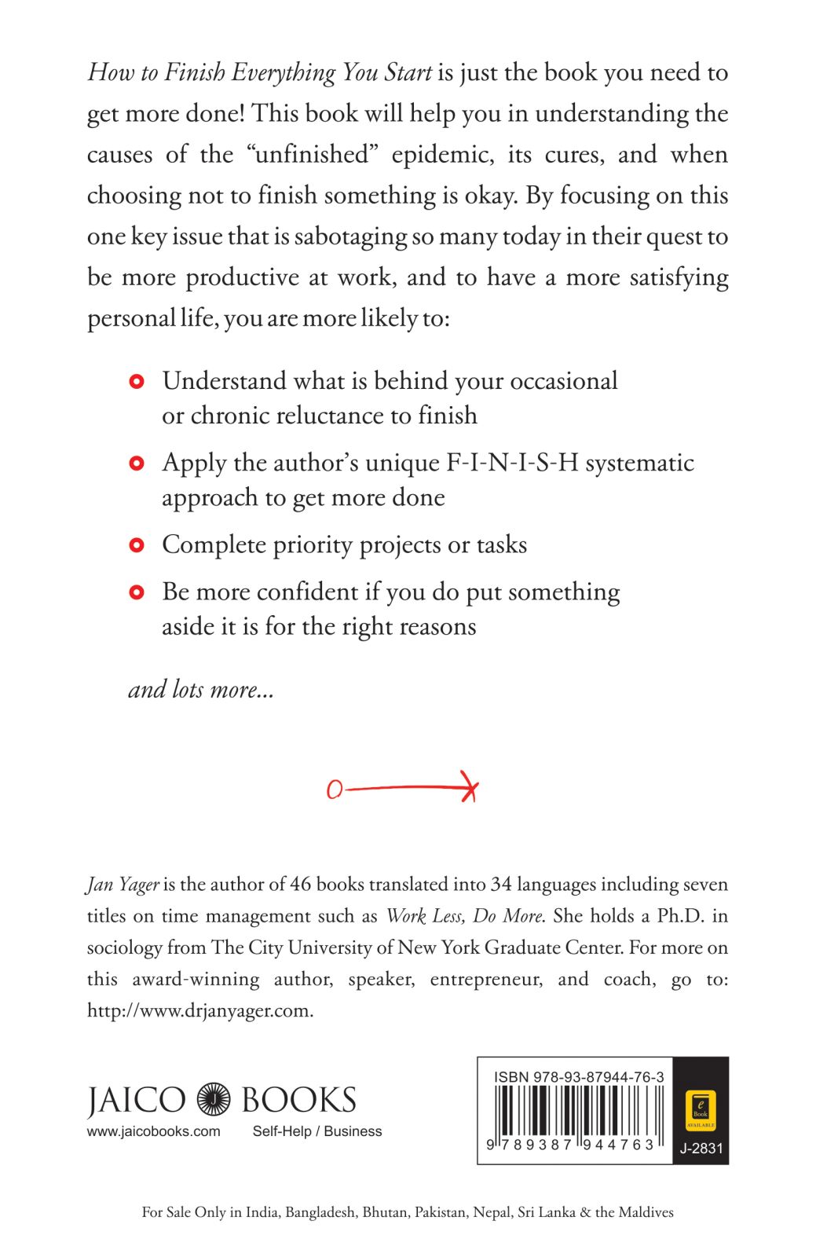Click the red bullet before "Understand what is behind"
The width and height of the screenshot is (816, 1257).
[x=137, y=382]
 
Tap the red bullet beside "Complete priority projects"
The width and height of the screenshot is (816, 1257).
[x=137, y=545]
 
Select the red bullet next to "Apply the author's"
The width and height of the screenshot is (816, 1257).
[x=137, y=464]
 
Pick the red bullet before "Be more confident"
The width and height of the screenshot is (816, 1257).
[x=137, y=592]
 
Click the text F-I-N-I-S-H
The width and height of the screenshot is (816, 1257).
[x=512, y=463]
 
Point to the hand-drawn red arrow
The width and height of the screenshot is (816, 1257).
[x=402, y=788]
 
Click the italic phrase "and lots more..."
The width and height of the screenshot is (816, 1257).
[x=201, y=690]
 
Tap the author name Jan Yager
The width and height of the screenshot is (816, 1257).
[x=123, y=885]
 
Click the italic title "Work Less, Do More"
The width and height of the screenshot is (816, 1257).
[x=463, y=916]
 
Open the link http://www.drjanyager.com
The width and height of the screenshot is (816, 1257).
[x=199, y=1011]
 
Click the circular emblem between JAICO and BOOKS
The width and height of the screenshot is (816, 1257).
[x=213, y=1100]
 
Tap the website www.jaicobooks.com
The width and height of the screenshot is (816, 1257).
[x=153, y=1131]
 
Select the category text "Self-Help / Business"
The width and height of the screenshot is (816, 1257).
[x=317, y=1131]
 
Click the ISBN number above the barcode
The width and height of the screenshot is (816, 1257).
[x=579, y=1077]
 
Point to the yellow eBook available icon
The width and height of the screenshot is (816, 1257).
[x=700, y=1109]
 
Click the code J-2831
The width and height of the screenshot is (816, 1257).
[x=701, y=1148]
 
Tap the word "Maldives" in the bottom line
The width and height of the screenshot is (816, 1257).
[x=646, y=1212]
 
